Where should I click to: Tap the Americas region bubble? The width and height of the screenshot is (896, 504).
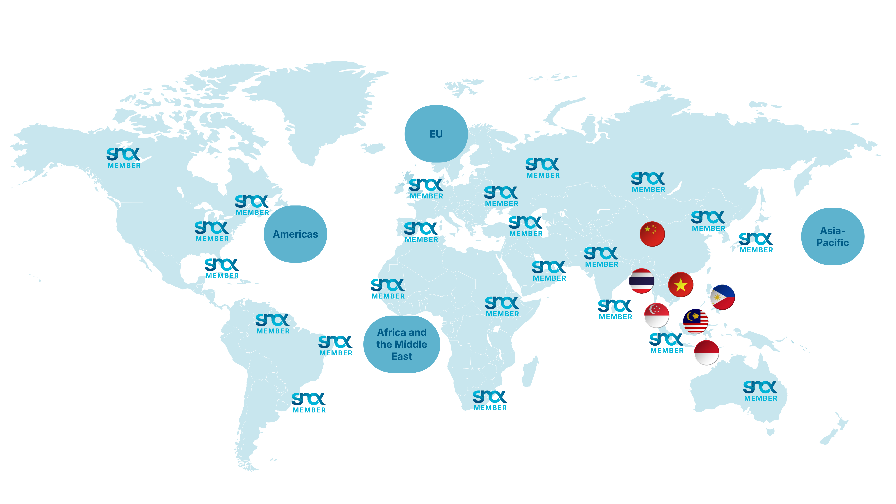click(x=295, y=234)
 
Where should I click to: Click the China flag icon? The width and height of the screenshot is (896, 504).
click(x=652, y=234)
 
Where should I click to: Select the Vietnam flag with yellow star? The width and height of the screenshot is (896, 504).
click(x=681, y=284)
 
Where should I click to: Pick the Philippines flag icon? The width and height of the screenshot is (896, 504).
click(x=722, y=297)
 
